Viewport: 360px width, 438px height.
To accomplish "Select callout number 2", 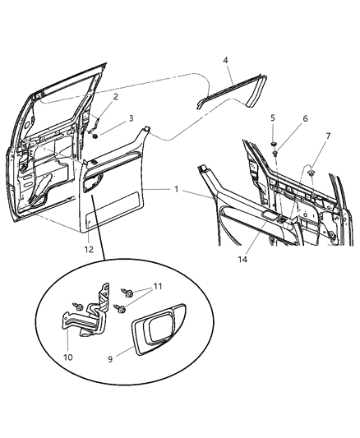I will point(115,97).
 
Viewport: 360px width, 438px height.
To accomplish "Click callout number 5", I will point(272,118).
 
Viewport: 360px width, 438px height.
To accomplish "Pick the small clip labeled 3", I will point(96,134).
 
